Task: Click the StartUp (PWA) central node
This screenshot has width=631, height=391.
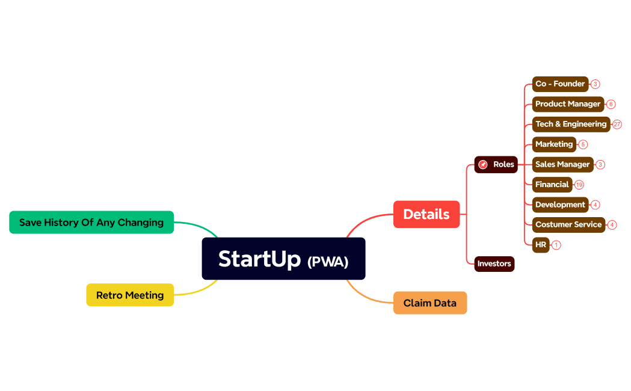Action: (x=283, y=259)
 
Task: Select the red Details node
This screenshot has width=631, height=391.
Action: (x=426, y=214)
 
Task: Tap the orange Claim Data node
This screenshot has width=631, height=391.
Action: (x=430, y=303)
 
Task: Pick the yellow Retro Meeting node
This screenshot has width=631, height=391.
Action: (x=130, y=295)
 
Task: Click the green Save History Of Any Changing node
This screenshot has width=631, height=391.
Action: (x=91, y=223)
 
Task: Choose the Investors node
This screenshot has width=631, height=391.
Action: (x=494, y=263)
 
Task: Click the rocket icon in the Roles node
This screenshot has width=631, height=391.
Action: (x=483, y=164)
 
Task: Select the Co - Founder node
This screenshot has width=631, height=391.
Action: (x=560, y=84)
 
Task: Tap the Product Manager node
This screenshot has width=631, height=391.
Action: (x=568, y=104)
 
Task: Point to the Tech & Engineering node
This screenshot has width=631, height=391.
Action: (x=571, y=124)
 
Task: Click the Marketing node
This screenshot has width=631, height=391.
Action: (x=554, y=144)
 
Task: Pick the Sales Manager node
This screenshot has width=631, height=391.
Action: (x=562, y=164)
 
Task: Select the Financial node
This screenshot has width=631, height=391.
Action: (x=552, y=185)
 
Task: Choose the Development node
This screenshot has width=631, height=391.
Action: (x=560, y=205)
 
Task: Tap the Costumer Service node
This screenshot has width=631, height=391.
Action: (x=568, y=224)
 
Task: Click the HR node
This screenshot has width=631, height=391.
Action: (x=541, y=245)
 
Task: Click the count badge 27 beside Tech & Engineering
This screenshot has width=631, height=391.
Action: (x=617, y=125)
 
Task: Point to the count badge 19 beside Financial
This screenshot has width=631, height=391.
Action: (x=579, y=185)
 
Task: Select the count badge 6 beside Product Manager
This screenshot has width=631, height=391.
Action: (x=611, y=104)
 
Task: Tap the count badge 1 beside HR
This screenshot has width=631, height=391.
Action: (x=556, y=245)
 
